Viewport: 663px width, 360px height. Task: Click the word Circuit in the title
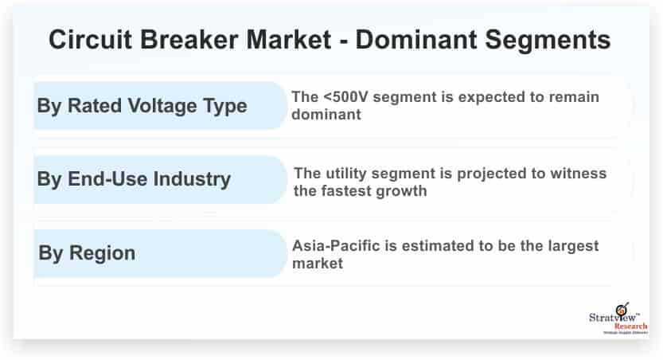[x=91, y=39]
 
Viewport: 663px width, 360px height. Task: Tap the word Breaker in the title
[x=189, y=39]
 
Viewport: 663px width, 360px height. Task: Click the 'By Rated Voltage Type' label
[x=142, y=106]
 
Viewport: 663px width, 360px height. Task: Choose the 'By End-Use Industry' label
[x=134, y=179]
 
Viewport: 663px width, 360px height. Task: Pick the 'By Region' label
[x=87, y=253]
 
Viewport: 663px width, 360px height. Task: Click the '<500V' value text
[x=345, y=97]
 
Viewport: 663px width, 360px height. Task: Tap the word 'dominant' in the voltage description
[x=326, y=115]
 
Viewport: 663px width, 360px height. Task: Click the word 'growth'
[x=401, y=191]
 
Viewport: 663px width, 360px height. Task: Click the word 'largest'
[x=573, y=246]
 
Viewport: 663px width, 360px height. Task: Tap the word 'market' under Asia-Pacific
[x=318, y=264]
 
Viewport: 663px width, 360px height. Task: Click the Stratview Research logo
[x=618, y=319]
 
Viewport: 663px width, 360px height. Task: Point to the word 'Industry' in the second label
[x=192, y=179]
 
